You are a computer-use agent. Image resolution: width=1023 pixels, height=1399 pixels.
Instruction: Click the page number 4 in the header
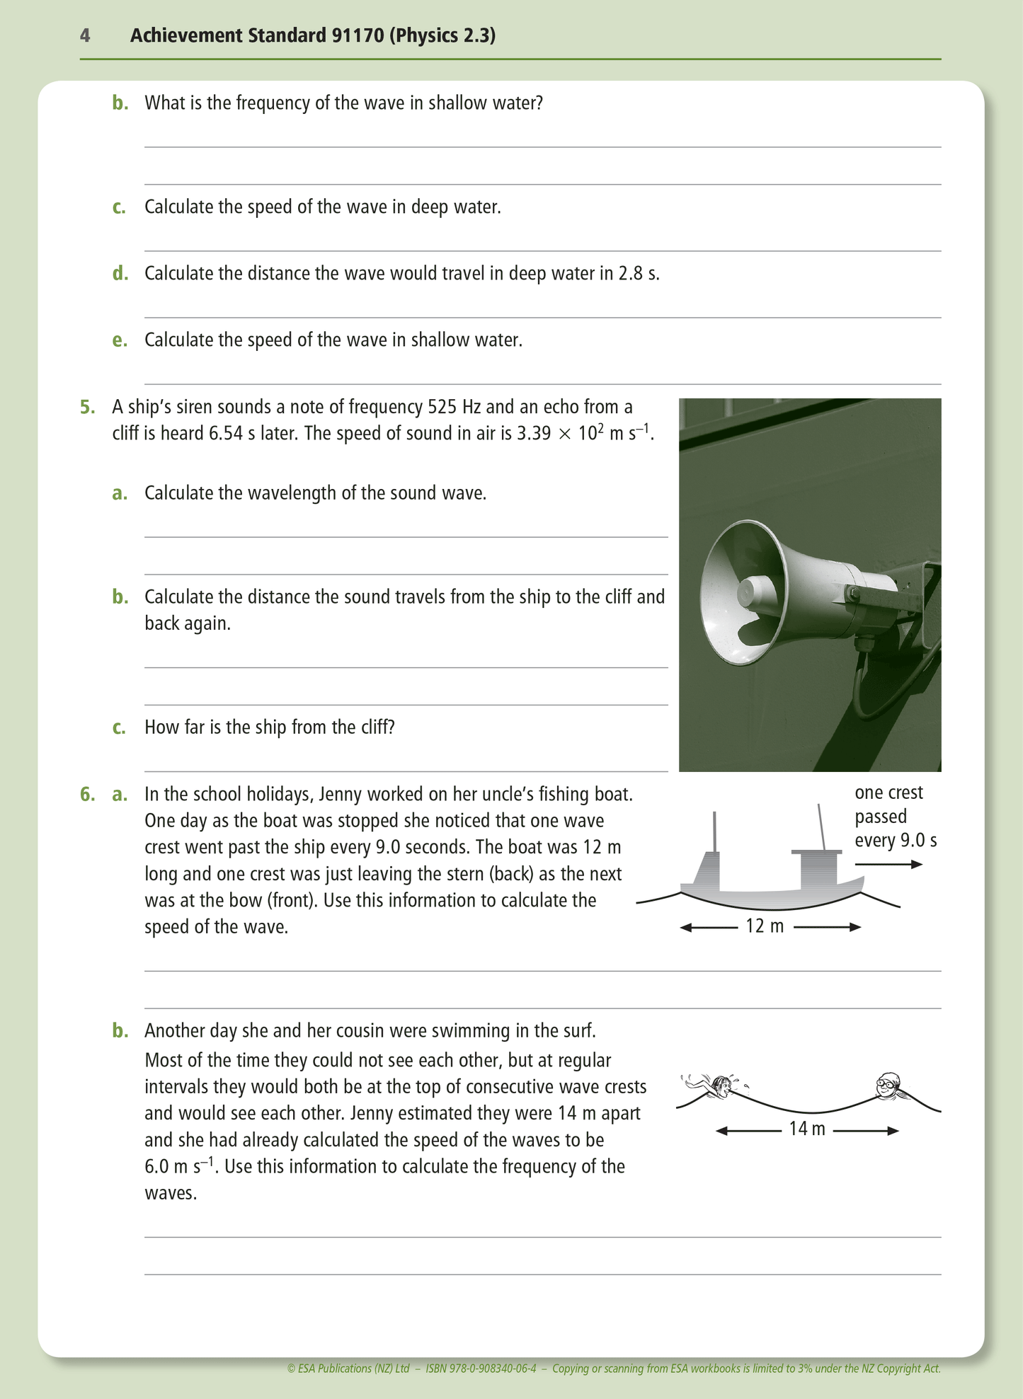tap(85, 35)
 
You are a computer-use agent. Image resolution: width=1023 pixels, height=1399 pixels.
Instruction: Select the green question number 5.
tap(87, 407)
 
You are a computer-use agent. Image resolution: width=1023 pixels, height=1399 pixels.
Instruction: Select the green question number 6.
tap(87, 794)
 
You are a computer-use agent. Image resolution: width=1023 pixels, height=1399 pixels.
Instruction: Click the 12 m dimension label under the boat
tap(765, 926)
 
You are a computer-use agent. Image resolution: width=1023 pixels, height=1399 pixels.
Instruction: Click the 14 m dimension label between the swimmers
tap(807, 1129)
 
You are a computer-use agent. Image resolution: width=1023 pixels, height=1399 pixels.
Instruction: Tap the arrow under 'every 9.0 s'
tap(888, 864)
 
